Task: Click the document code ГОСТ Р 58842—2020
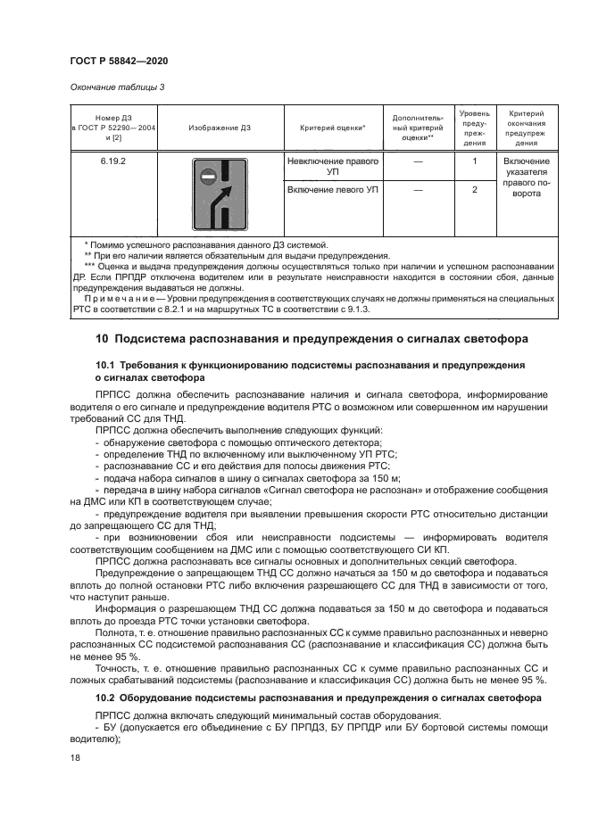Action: point(119,61)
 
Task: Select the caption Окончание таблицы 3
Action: point(116,87)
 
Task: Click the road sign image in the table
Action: point(219,194)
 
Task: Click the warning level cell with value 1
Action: point(474,161)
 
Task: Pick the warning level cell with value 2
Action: point(474,190)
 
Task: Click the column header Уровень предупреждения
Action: point(474,128)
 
